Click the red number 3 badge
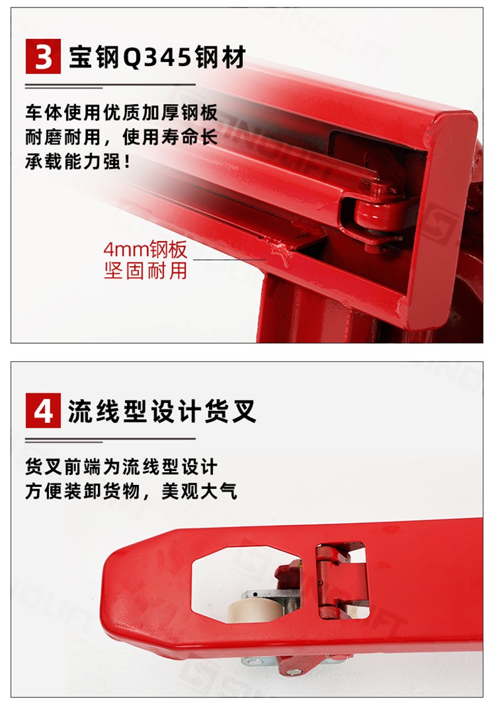click(43, 56)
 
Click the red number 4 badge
click(43, 410)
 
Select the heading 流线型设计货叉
click(162, 411)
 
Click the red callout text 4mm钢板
click(145, 249)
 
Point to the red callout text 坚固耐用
click(145, 270)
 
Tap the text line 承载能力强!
click(77, 161)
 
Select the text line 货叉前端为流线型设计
click(121, 467)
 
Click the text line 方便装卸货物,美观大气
click(131, 491)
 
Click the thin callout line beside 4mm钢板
click(230, 260)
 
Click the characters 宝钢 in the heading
click(94, 57)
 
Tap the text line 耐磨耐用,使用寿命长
click(121, 137)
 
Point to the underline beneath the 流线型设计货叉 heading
click(110, 439)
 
